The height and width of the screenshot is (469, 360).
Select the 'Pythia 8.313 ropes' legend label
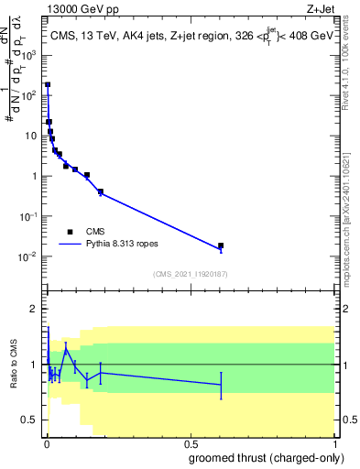click(125, 245)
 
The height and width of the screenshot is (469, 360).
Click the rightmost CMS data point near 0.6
click(221, 245)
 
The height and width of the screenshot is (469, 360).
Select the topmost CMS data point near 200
click(48, 84)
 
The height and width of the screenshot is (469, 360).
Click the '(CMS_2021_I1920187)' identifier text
click(190, 273)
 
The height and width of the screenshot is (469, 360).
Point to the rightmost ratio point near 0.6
click(221, 385)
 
